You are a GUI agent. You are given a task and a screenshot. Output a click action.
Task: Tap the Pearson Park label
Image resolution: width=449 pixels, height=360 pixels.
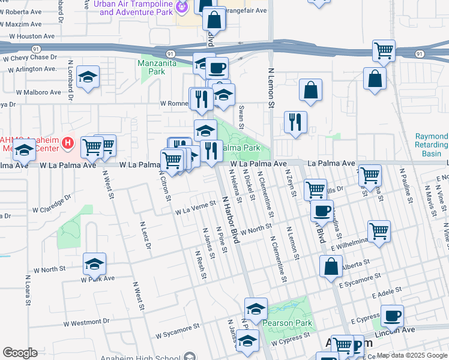(x=287, y=323)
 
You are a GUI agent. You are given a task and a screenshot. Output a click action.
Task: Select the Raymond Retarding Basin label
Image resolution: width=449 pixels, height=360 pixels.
(x=432, y=145)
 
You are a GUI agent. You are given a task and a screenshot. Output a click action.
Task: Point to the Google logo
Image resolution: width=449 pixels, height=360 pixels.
(x=20, y=353)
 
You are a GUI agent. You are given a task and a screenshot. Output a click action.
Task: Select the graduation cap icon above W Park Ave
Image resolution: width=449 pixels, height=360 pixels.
(x=94, y=263)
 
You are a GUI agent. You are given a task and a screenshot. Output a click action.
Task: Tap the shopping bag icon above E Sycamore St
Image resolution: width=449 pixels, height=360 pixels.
(x=331, y=266)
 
